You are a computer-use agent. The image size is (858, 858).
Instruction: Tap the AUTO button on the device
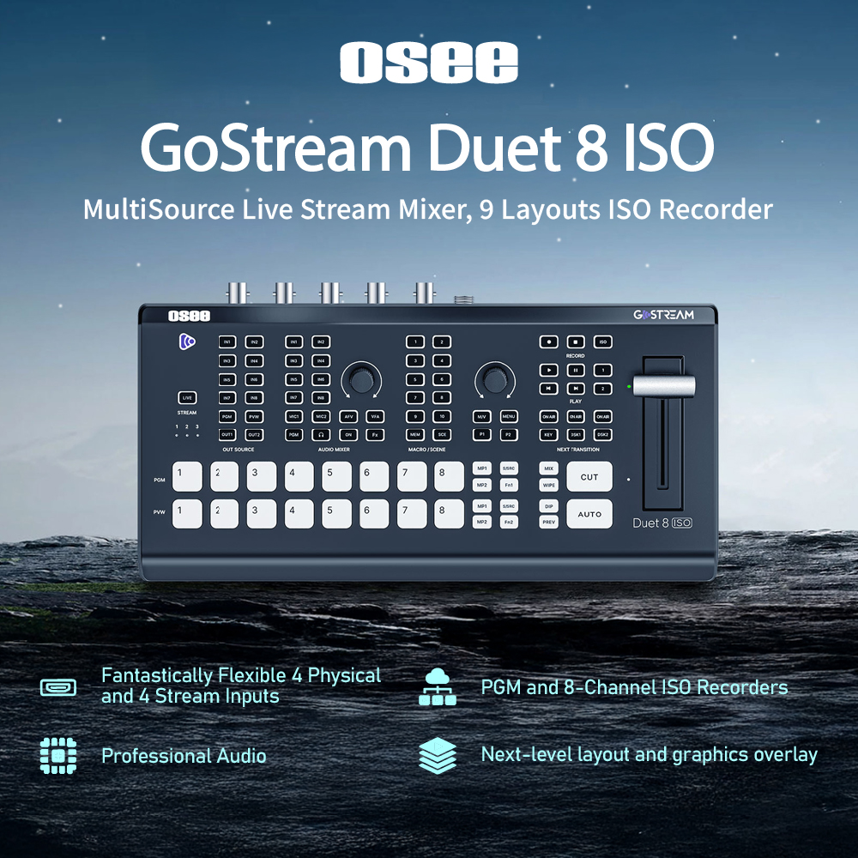pos(589,514)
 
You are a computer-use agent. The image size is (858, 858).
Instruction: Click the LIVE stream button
pos(187,397)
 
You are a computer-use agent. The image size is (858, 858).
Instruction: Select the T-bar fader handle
pos(663,386)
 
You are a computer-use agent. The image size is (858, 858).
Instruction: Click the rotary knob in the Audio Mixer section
pos(361,379)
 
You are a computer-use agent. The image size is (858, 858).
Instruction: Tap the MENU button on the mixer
pos(509,416)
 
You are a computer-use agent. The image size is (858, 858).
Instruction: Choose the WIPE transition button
pos(549,486)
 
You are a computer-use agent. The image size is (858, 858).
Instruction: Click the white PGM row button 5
pos(336,476)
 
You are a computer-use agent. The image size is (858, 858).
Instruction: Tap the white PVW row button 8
pos(449,513)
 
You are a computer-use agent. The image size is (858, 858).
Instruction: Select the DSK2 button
pos(602,435)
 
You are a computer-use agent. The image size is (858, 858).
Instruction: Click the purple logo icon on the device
pos(187,341)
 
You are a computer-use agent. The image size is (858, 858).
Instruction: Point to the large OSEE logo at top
pos(428,63)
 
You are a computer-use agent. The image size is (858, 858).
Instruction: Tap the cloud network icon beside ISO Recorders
pos(436,687)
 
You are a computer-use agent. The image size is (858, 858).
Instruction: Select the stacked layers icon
pos(436,756)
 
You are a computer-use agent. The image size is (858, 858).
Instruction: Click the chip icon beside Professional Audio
pos(58,756)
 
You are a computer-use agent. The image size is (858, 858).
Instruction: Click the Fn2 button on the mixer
pos(509,522)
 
